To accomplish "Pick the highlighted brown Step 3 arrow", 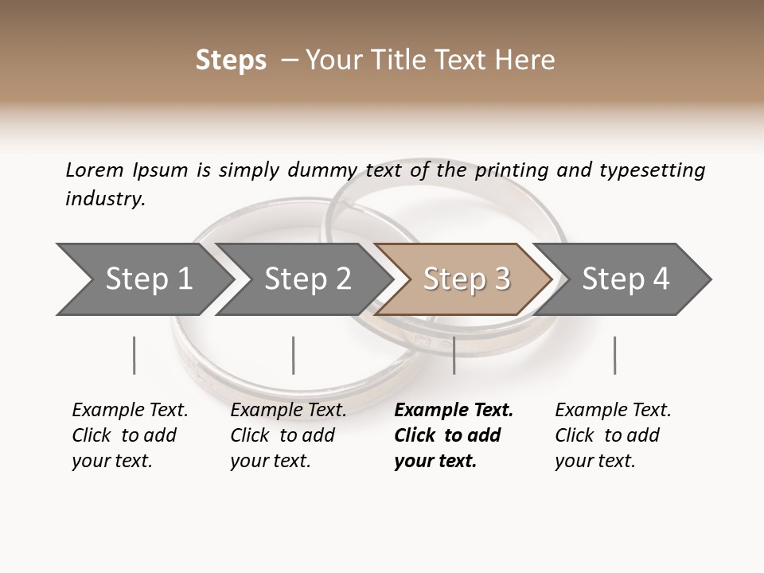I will click(465, 279).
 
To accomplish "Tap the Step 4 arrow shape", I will click(625, 279).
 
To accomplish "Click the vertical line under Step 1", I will click(134, 355).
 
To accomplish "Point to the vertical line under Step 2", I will click(294, 355).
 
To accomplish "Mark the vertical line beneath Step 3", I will click(454, 355).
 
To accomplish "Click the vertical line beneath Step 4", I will click(614, 355).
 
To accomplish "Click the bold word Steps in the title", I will click(231, 60).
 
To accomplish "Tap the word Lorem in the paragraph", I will click(95, 170).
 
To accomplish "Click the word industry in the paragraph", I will click(105, 199).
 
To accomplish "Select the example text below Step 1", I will click(130, 435).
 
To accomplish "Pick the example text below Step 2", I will click(288, 435).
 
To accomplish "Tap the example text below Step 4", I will click(613, 435).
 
